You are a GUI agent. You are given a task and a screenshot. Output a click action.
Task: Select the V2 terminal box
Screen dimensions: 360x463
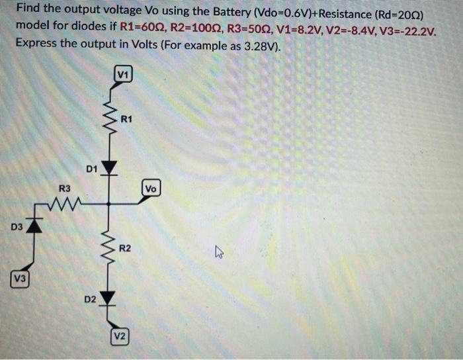click(119, 336)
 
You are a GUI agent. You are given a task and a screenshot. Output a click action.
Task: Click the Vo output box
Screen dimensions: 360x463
click(151, 189)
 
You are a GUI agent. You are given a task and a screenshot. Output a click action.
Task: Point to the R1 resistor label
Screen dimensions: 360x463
click(127, 119)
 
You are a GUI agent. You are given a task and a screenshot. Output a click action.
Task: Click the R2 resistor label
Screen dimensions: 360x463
click(125, 248)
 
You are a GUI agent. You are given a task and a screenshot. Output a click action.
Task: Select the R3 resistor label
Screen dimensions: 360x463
click(65, 189)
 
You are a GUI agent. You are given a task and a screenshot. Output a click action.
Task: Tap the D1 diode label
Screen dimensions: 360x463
click(91, 169)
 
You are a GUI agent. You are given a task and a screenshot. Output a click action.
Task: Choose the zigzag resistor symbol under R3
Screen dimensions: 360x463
click(66, 203)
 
